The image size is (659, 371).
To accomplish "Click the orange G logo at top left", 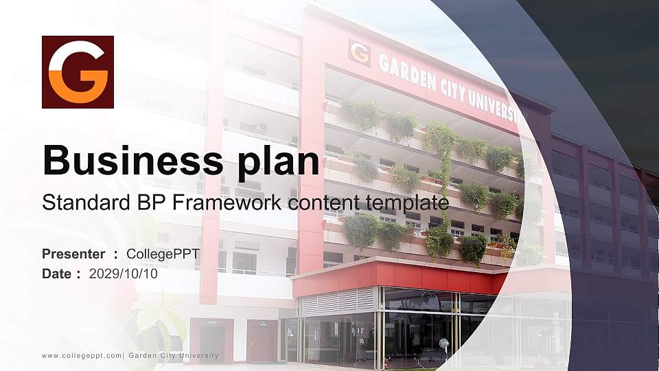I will [x=78, y=72].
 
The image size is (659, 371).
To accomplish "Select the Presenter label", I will [x=73, y=254].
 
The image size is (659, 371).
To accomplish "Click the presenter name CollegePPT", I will [x=163, y=254].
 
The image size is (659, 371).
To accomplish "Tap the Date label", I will [x=57, y=273].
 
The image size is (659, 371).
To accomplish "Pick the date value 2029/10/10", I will [x=123, y=273].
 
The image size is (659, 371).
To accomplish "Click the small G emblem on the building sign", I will [x=359, y=52].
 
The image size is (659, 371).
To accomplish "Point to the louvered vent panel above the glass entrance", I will [x=338, y=300].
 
